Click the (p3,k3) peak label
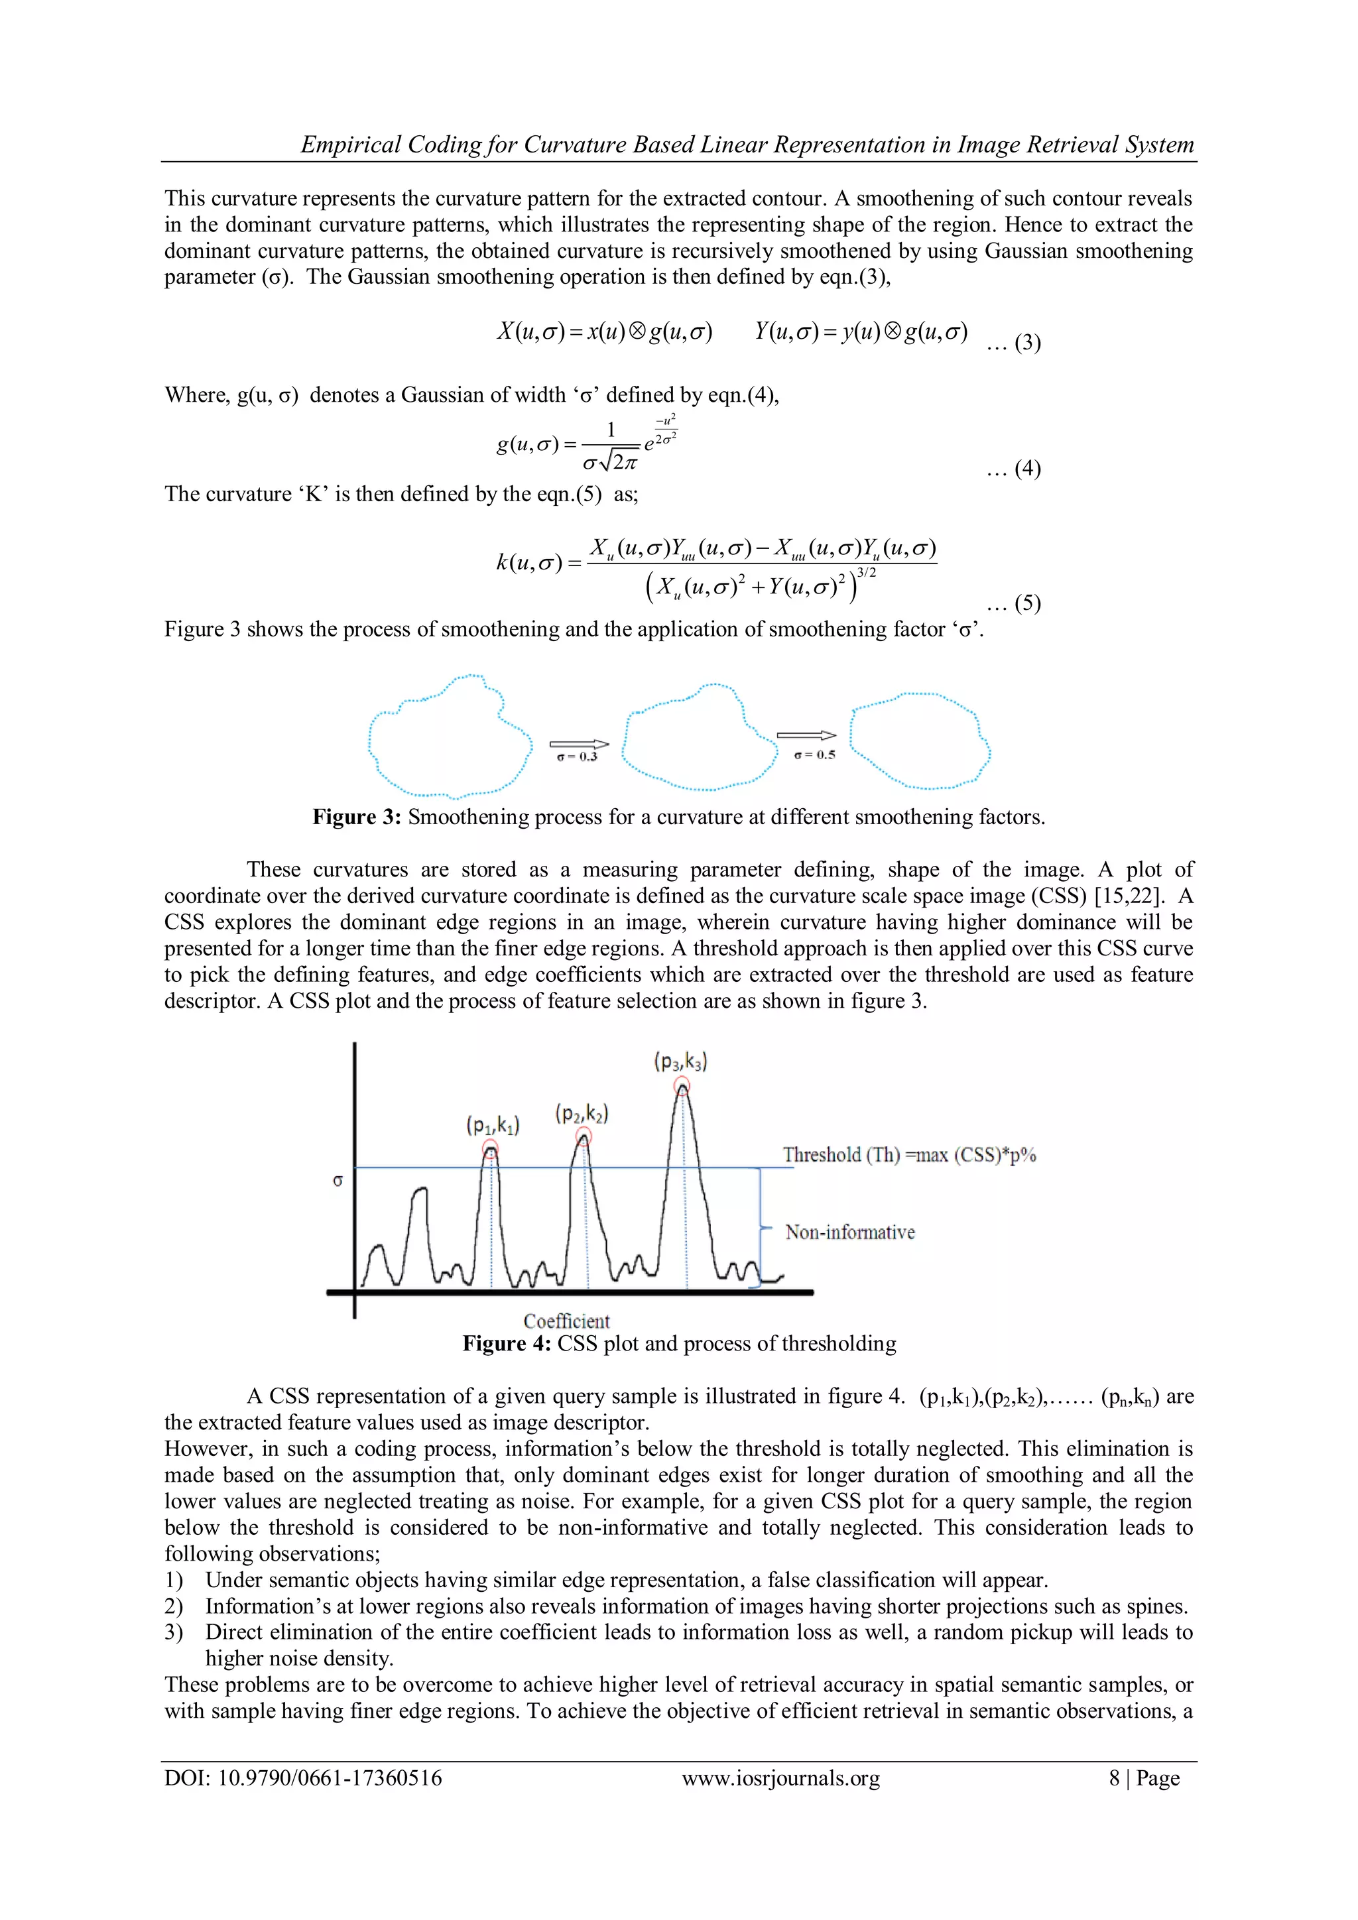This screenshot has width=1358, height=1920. (x=681, y=1062)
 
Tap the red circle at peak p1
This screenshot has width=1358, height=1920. (x=491, y=1149)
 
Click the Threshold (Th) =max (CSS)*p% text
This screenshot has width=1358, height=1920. (x=909, y=1155)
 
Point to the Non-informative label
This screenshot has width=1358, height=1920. (x=849, y=1232)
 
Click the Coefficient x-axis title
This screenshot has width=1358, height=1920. (x=566, y=1321)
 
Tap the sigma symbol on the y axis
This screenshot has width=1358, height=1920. (x=338, y=1181)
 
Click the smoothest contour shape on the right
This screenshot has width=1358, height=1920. (x=920, y=741)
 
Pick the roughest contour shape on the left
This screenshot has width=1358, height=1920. (x=450, y=737)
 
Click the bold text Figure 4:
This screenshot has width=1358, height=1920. (x=507, y=1344)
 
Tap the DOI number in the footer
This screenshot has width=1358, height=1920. (x=303, y=1778)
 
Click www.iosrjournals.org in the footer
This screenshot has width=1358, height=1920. (x=780, y=1778)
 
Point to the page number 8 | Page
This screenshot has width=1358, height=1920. (x=1144, y=1778)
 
